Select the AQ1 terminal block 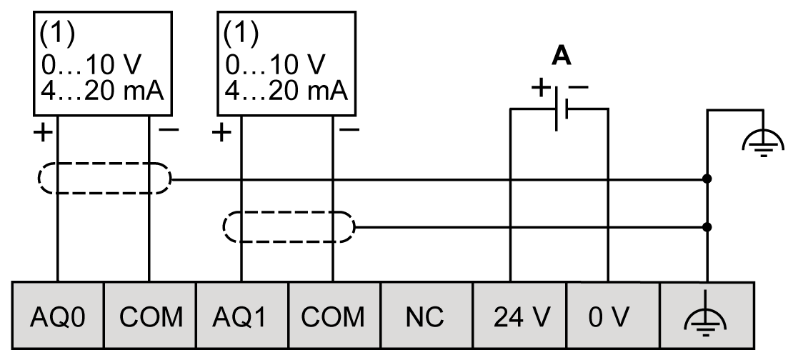click(x=242, y=316)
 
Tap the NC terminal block click(x=426, y=316)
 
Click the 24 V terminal click(x=519, y=316)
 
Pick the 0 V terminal click(x=612, y=316)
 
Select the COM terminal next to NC click(x=334, y=316)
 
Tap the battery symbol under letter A click(x=560, y=109)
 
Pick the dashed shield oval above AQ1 click(x=288, y=226)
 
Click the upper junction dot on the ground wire click(x=707, y=179)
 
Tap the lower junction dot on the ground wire click(x=707, y=226)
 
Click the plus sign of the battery click(x=542, y=89)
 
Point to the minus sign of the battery click(x=579, y=88)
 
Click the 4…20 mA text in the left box click(x=103, y=91)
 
